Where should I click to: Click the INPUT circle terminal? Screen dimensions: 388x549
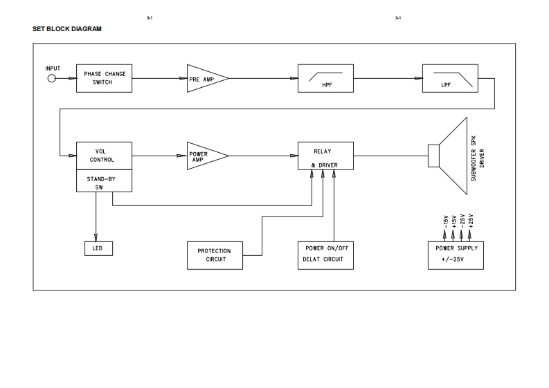tap(51, 78)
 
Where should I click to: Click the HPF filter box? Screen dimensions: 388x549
tap(325, 78)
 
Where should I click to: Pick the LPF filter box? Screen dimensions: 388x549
tap(449, 78)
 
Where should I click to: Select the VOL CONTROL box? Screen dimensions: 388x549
tap(104, 156)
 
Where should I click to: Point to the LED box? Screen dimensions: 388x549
tap(96, 248)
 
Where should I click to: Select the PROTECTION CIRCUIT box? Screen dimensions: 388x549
tap(215, 255)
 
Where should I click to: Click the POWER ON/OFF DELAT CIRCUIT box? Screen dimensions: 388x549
tap(325, 255)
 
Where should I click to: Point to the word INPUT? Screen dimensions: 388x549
tap(53, 68)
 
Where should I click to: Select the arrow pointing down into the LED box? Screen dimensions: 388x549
tap(96, 234)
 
